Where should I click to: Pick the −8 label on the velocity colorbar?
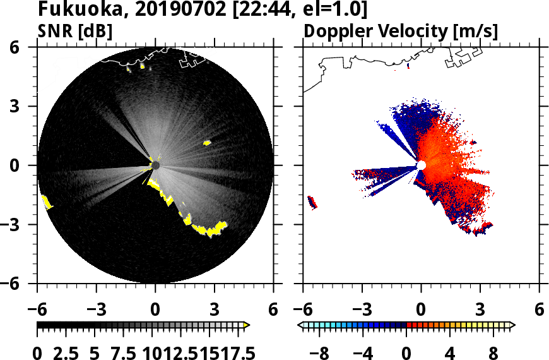321,352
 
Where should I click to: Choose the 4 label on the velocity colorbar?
449,352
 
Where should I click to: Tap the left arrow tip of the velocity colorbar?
301,325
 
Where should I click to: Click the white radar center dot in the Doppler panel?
421,165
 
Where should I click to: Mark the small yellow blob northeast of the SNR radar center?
206,143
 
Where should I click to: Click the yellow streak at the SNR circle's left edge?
46,202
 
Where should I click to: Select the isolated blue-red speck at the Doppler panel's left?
312,202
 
